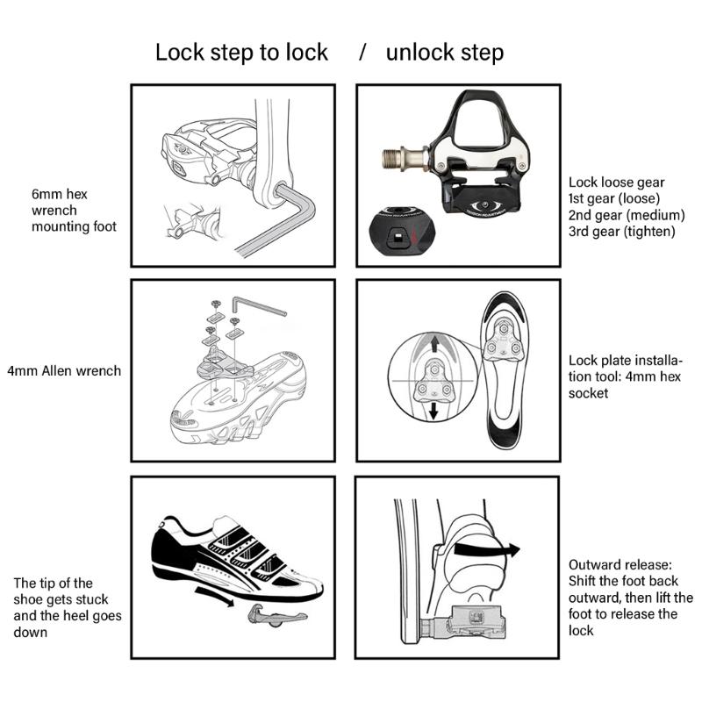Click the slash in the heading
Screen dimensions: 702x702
(362, 52)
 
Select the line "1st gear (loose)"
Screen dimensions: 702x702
(614, 198)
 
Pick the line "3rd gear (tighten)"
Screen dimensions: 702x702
(621, 232)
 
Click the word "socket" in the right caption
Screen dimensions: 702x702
(591, 394)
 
